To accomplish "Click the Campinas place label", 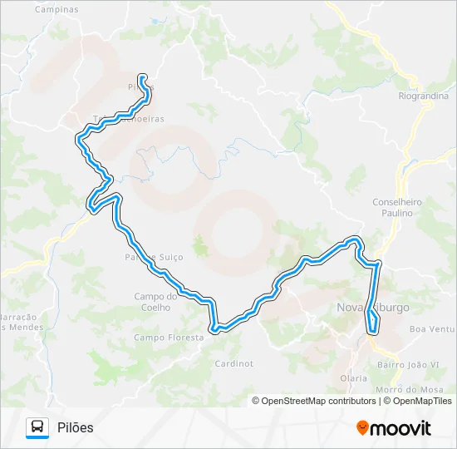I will pos(57,10).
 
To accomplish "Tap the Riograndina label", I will pos(423,96).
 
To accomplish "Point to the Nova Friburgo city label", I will pos(373,308).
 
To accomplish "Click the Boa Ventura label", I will pos(432,329).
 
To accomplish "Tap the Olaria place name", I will pos(353,377).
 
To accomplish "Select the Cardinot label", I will pos(233,363).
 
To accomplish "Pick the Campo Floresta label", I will pos(169,338).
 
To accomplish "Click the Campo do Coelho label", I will pos(156,301).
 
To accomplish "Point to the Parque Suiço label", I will pos(154,258).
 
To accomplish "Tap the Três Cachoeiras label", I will pos(128,119).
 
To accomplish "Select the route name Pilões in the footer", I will pos(76,427).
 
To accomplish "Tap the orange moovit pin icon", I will pos(362,428).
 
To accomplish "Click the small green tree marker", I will pos(199,246).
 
